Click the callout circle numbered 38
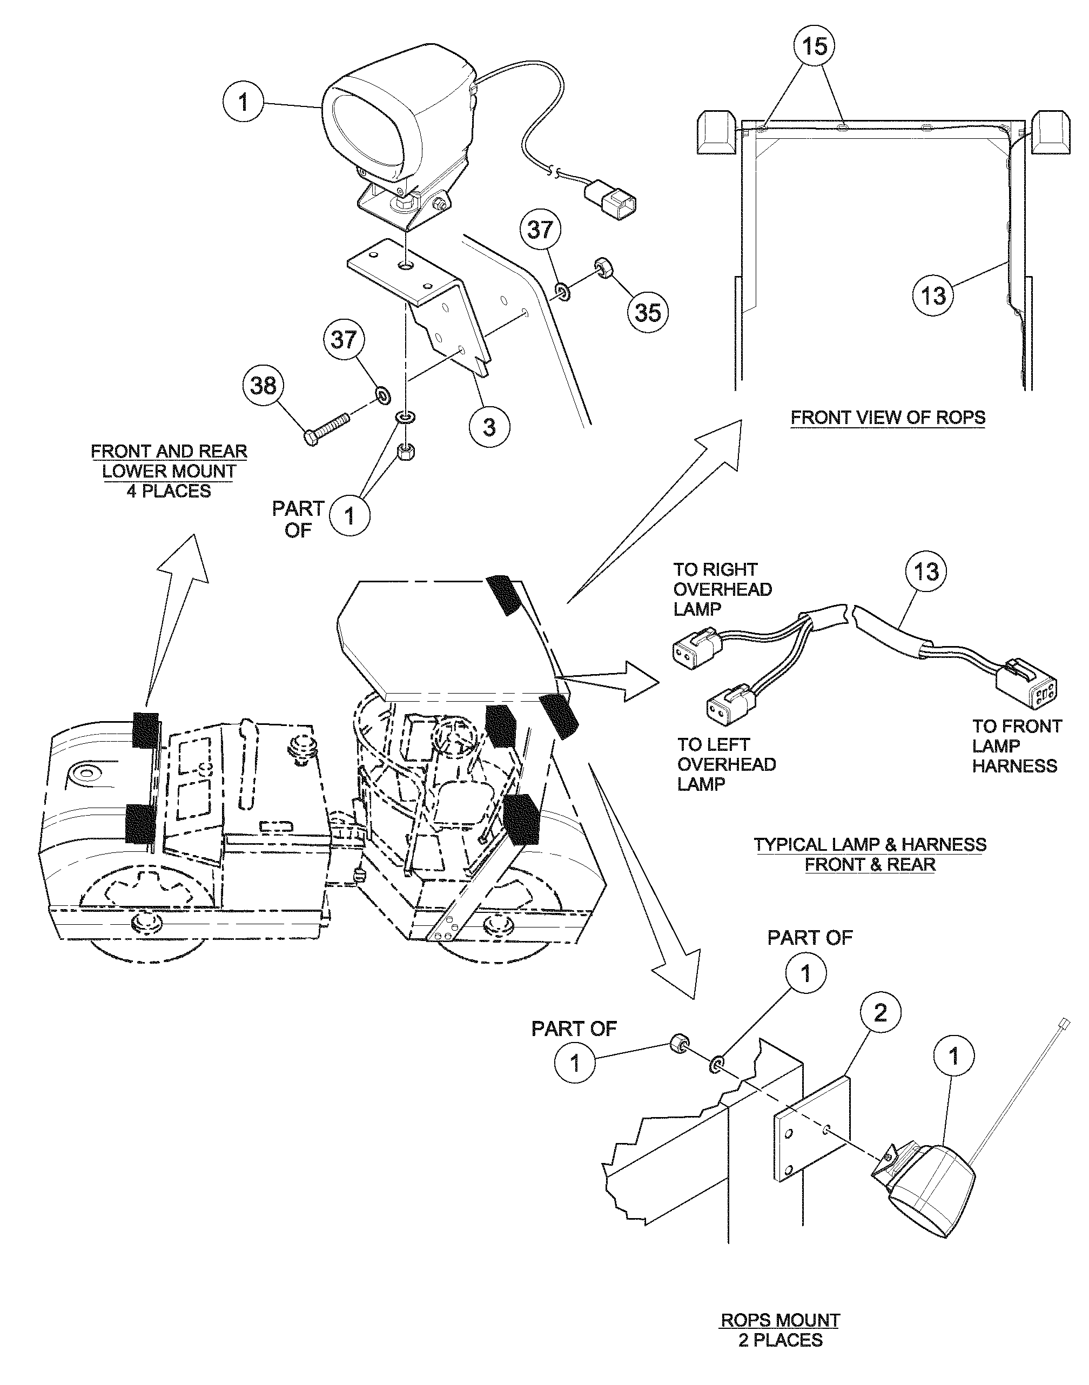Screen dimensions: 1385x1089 pyautogui.click(x=263, y=385)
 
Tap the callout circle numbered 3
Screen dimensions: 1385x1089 pyautogui.click(x=488, y=427)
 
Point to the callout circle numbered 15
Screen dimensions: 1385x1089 pyautogui.click(x=815, y=46)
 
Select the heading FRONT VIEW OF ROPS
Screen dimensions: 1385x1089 pyautogui.click(x=888, y=418)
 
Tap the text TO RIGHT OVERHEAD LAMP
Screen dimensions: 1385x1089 pyautogui.click(x=722, y=589)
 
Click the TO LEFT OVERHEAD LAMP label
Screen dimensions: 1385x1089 pyautogui.click(x=725, y=764)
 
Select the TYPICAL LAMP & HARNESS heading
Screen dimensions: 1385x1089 pyautogui.click(x=870, y=855)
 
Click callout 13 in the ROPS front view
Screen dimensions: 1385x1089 pyautogui.click(x=933, y=295)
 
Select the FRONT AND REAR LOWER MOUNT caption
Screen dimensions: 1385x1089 pyautogui.click(x=169, y=470)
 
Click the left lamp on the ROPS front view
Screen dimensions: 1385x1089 pyautogui.click(x=716, y=131)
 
